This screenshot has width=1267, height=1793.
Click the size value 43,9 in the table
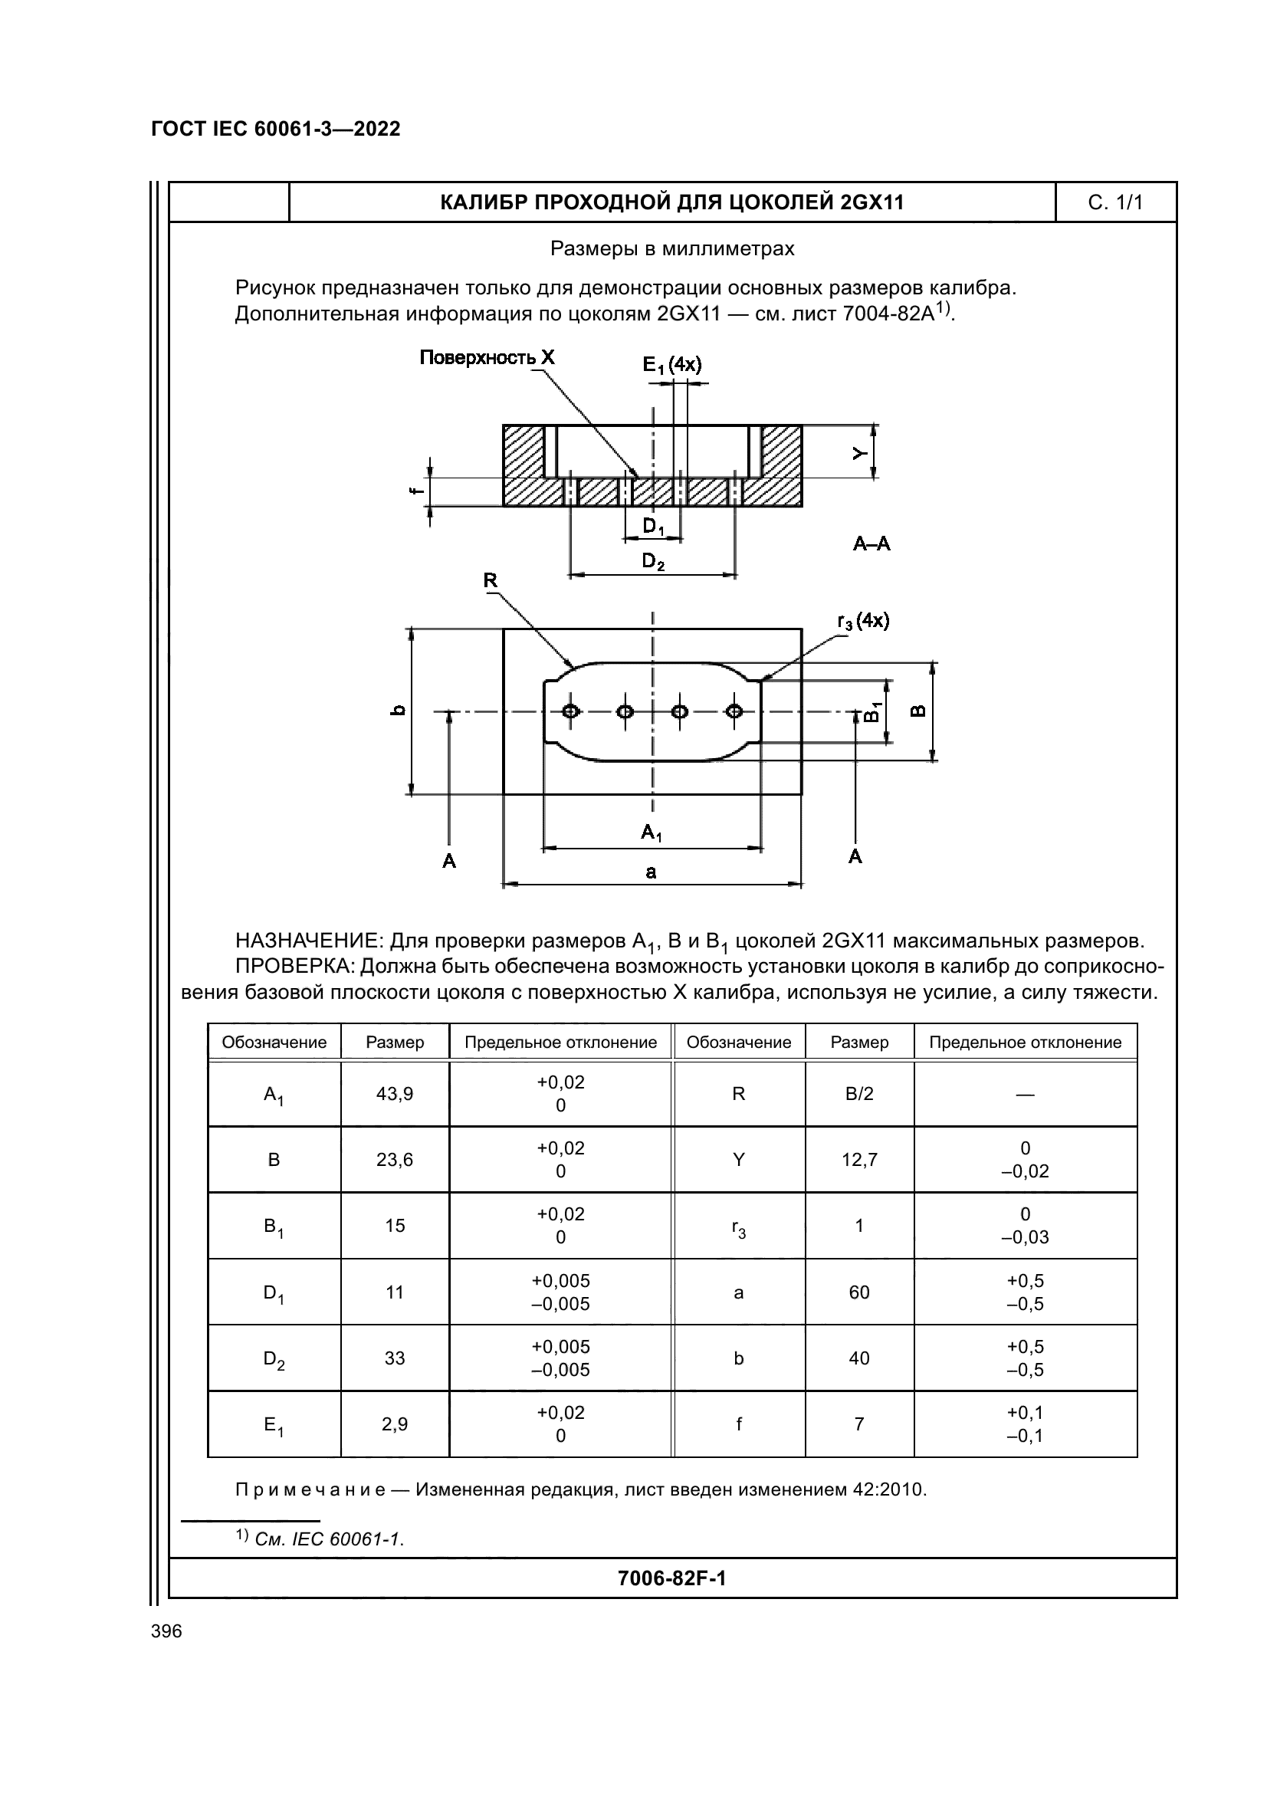pyautogui.click(x=394, y=1094)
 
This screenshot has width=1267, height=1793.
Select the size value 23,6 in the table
pyautogui.click(x=394, y=1160)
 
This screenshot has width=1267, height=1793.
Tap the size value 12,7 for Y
pyautogui.click(x=858, y=1160)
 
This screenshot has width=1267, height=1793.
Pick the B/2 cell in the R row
pyautogui.click(x=858, y=1094)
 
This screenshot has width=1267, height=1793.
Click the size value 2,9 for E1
pyautogui.click(x=394, y=1424)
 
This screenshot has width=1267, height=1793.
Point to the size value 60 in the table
pyautogui.click(x=858, y=1292)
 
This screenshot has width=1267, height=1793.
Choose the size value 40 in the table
pyautogui.click(x=858, y=1359)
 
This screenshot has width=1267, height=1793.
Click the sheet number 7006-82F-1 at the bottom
pyautogui.click(x=671, y=1579)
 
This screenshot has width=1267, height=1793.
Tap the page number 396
pyautogui.click(x=166, y=1631)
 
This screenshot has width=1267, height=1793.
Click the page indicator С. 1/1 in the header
pyautogui.click(x=1114, y=203)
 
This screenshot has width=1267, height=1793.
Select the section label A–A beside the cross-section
pyautogui.click(x=871, y=544)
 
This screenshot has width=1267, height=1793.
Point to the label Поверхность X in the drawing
pyautogui.click(x=487, y=359)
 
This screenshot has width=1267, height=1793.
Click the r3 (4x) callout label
pyautogui.click(x=862, y=622)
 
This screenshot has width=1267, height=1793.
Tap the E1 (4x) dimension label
pyautogui.click(x=671, y=365)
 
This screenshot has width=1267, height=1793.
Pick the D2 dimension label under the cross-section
pyautogui.click(x=652, y=561)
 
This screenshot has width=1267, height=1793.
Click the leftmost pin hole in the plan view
pyautogui.click(x=571, y=711)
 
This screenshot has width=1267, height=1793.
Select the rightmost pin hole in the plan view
pyautogui.click(x=734, y=711)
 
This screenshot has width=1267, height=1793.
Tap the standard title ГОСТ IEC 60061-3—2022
pyautogui.click(x=276, y=130)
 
